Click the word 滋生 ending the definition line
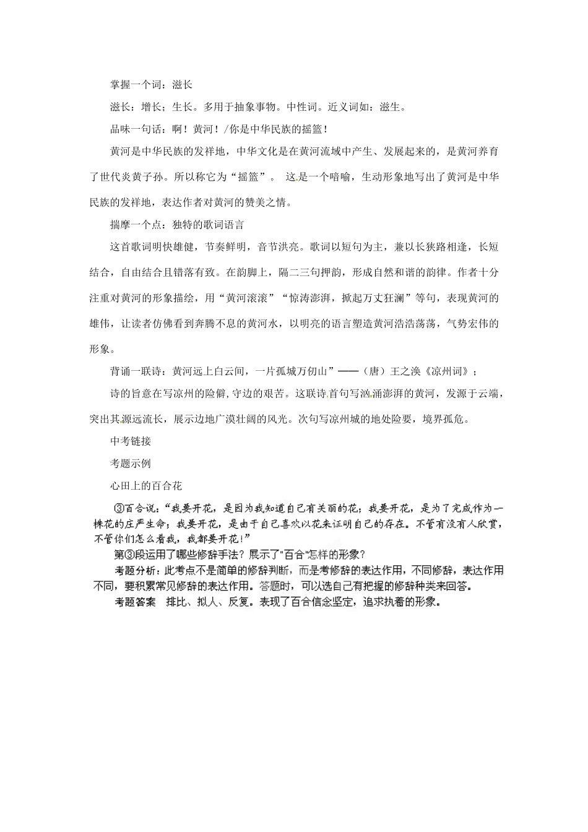[392, 107]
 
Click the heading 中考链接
[131, 441]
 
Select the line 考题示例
[131, 464]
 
